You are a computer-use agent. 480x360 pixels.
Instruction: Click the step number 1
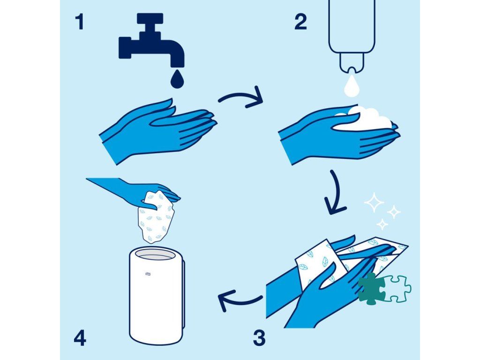tap(80, 22)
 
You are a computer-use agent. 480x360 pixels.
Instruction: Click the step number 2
tap(300, 22)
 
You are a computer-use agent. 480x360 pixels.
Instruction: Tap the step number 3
tap(259, 338)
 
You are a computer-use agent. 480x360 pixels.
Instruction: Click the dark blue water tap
tap(151, 40)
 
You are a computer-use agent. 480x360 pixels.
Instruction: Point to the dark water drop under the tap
tap(177, 79)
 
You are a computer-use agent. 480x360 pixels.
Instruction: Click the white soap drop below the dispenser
tap(352, 86)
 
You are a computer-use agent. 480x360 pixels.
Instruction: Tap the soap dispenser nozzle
tap(352, 63)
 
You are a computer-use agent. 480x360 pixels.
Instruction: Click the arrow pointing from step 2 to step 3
tap(337, 195)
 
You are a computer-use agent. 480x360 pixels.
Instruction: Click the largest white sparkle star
tap(374, 202)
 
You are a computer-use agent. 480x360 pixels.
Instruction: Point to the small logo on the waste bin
tap(148, 274)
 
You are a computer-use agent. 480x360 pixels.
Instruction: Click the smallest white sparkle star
tap(382, 224)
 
